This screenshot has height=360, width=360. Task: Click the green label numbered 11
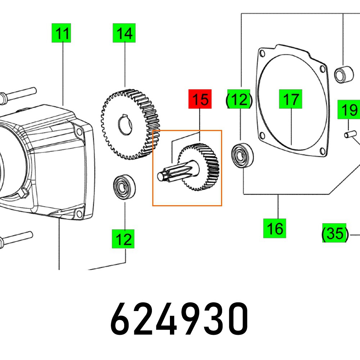(x=61, y=33)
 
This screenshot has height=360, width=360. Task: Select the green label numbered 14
(x=124, y=33)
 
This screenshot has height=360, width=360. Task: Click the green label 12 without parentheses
(x=123, y=239)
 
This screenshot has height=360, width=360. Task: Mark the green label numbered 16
(x=274, y=228)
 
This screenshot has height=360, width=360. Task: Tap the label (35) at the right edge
(x=335, y=233)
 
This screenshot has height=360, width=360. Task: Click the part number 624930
(x=179, y=319)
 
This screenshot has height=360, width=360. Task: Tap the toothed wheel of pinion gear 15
(x=202, y=166)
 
